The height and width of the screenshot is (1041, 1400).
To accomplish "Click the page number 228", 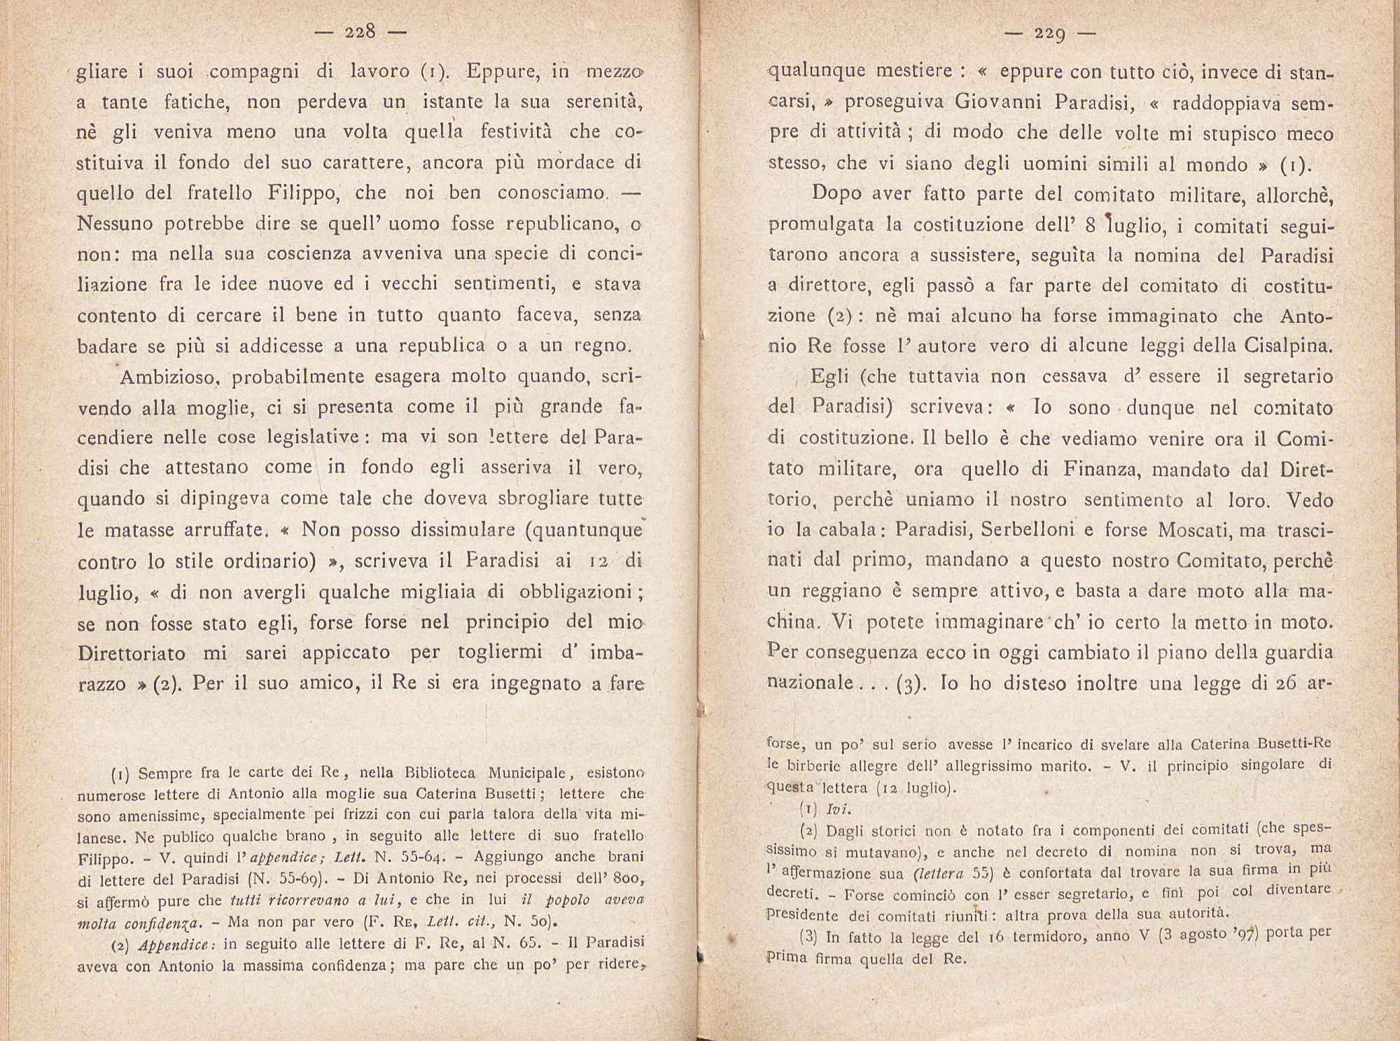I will tap(361, 32).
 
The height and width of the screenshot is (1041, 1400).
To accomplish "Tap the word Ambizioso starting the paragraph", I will tap(170, 377).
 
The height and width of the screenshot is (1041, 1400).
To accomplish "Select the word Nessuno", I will tap(115, 224).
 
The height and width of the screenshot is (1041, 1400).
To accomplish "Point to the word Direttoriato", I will tap(132, 653).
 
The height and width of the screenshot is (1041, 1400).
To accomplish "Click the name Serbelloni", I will tap(1028, 529).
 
